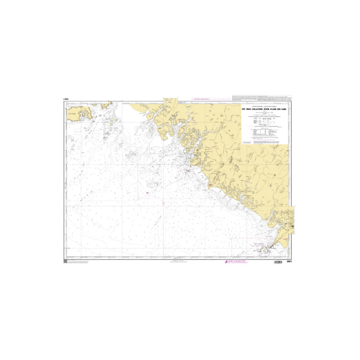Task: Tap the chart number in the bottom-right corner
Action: [x=289, y=261]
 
